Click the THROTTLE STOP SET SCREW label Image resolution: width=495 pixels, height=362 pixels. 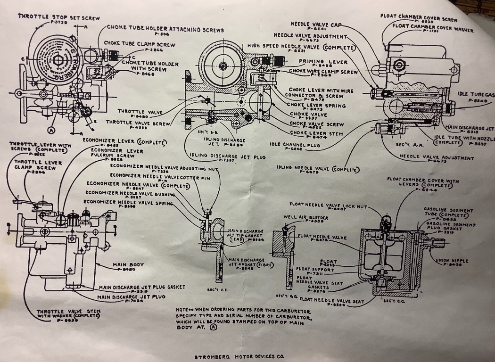pos(58,17)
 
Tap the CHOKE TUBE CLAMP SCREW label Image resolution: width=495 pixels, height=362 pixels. pos(140,44)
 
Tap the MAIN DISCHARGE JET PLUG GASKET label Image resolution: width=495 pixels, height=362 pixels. pos(142,287)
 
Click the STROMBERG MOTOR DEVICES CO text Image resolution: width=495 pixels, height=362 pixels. pos(239,357)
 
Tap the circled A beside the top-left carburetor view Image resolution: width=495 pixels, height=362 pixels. pos(50,129)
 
